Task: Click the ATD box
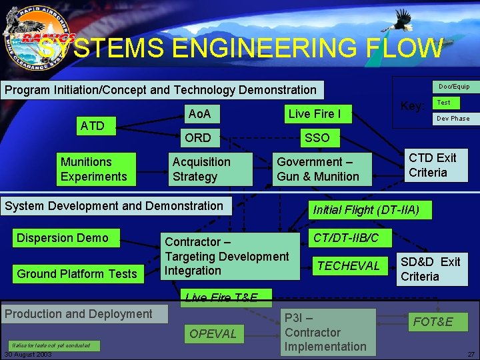(93, 125)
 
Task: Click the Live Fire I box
(315, 114)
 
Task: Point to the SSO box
(317, 138)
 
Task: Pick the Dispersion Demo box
(67, 238)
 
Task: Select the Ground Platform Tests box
(77, 273)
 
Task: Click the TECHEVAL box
(349, 266)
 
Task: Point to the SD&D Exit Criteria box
(431, 269)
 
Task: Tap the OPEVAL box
(213, 333)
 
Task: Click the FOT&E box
(433, 322)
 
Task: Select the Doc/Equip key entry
(454, 87)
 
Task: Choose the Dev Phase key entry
(453, 119)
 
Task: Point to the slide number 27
(471, 354)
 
